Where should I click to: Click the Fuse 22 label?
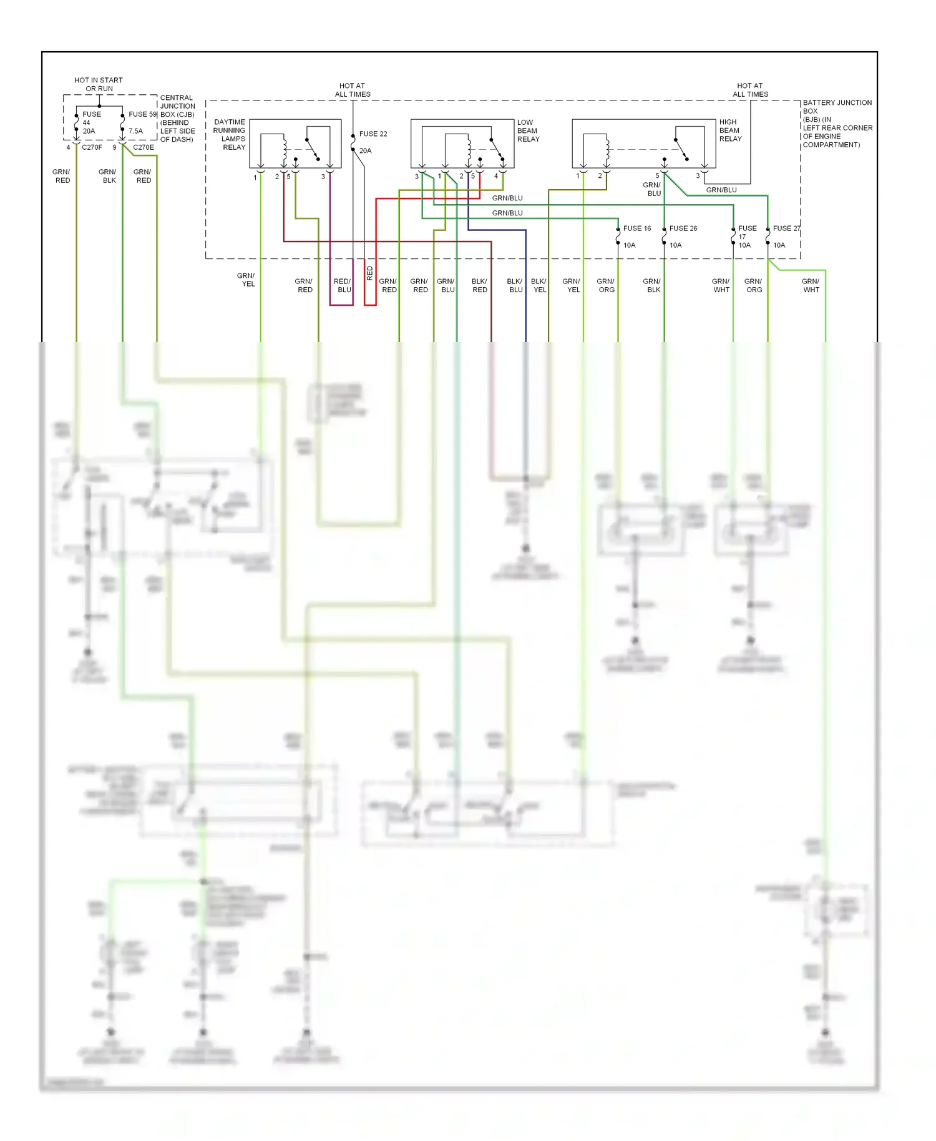373,134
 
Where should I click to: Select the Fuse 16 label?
636,228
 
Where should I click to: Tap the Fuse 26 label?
683,228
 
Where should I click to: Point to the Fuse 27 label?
785,228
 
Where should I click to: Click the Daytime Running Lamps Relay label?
230,135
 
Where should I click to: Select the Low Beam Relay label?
527,130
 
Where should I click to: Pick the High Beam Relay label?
729,130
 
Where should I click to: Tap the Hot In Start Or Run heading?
99,84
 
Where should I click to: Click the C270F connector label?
92,147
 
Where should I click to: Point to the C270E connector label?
143,147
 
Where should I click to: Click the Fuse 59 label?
142,114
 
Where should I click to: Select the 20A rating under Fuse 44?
89,131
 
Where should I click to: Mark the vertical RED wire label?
369,273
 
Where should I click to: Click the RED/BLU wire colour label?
343,285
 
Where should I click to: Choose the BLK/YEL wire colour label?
539,285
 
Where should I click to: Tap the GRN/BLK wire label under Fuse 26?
652,285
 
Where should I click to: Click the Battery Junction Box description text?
836,124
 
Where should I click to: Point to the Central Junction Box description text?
177,119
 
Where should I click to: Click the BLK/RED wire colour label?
479,285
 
